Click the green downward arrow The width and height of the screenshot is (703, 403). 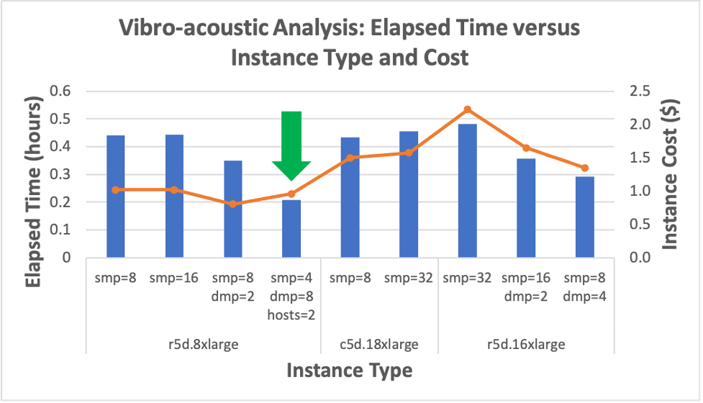click(291, 144)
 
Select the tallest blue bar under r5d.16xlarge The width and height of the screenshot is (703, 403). click(468, 191)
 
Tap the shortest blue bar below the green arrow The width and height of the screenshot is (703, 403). click(291, 229)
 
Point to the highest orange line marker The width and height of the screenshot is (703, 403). click(468, 109)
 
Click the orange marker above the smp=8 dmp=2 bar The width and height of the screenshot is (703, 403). click(233, 204)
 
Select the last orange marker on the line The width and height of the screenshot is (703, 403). click(584, 168)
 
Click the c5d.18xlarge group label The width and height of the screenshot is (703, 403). click(379, 344)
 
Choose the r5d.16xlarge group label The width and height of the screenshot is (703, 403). click(526, 344)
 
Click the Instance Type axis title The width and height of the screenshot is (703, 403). click(350, 371)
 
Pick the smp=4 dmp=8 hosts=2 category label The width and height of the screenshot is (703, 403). click(291, 296)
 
